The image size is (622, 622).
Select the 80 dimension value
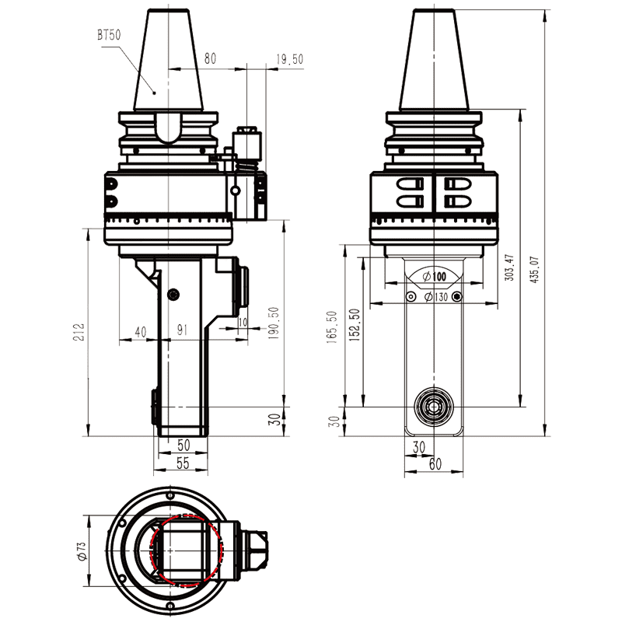click(209, 58)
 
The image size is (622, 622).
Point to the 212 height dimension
click(77, 333)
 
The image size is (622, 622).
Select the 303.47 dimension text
click(509, 269)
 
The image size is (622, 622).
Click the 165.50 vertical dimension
click(333, 327)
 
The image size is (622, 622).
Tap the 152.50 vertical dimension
click(355, 327)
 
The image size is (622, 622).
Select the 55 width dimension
click(183, 463)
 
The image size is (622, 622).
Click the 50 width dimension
click(183, 445)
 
